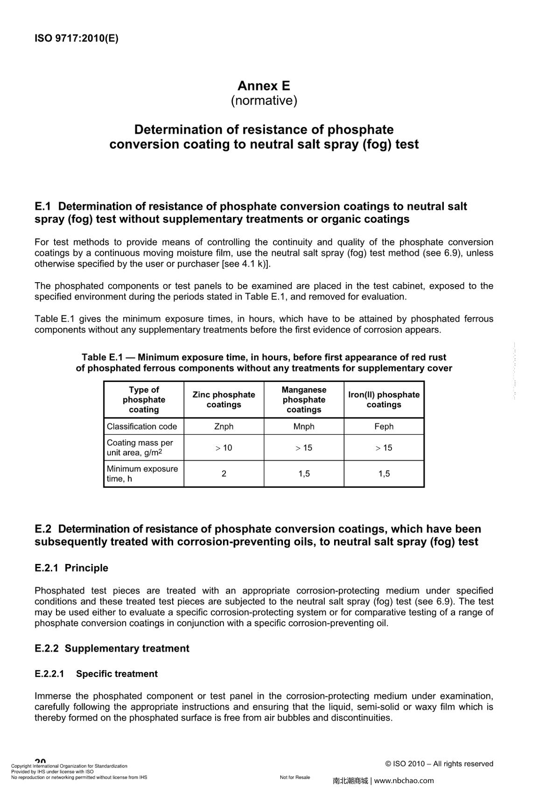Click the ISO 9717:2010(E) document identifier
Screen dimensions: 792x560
point(77,39)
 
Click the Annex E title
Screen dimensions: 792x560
point(264,86)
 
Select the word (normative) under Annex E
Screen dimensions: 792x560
point(264,101)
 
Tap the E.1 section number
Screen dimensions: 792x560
point(42,206)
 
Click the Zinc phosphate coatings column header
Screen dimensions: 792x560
point(224,400)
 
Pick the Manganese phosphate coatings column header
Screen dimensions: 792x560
point(304,400)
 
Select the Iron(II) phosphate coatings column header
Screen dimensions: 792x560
point(384,400)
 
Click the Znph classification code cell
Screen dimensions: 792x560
point(224,426)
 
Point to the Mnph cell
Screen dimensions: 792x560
point(304,426)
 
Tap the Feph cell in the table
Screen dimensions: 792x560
point(384,426)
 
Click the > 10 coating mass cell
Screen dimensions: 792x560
point(224,448)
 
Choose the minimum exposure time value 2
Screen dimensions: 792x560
point(224,474)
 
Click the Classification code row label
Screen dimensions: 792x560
point(142,426)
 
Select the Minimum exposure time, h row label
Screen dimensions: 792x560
point(142,474)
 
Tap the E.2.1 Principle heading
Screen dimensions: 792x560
point(71,568)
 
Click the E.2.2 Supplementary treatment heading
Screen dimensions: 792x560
point(112,648)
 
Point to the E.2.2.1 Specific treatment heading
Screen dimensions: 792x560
point(96,674)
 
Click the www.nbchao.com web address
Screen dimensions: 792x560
point(404,781)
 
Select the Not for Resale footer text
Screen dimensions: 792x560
point(295,778)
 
